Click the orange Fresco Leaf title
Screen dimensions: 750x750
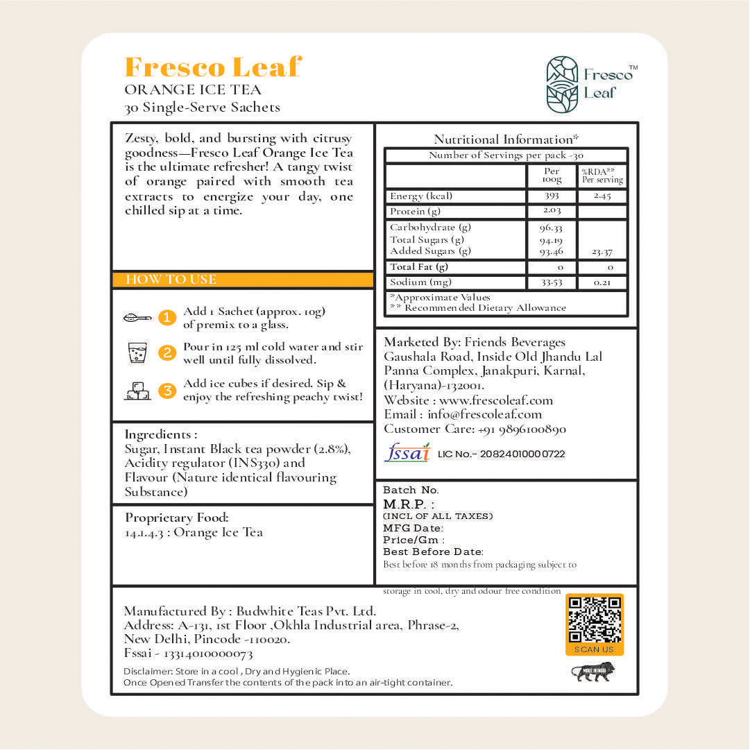(213, 67)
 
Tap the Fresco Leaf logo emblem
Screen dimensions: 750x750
(562, 84)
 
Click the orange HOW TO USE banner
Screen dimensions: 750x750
(243, 280)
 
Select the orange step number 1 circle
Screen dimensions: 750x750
(167, 318)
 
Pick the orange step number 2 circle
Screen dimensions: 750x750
(167, 353)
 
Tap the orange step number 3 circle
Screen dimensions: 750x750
(167, 391)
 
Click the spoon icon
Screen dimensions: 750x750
(137, 318)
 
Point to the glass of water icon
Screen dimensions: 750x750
(137, 353)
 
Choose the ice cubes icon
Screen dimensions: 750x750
(137, 391)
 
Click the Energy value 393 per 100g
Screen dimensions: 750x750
(552, 196)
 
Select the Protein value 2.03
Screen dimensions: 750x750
(552, 211)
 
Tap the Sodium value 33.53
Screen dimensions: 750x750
(552, 282)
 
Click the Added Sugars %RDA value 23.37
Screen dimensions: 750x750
(602, 253)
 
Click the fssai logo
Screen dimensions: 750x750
(407, 452)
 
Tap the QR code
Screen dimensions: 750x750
(595, 620)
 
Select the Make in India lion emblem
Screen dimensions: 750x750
(593, 672)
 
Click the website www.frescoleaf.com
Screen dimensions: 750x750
(496, 400)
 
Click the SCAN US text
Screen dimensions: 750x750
(595, 649)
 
